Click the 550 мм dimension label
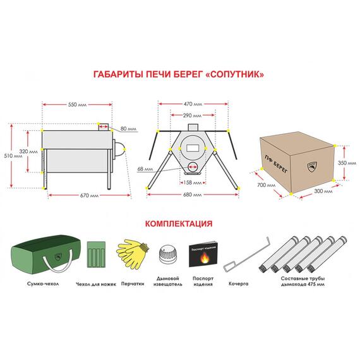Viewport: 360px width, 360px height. (78, 105)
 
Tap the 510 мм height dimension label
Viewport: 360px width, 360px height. (13, 156)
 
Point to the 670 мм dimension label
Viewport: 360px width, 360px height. (89, 195)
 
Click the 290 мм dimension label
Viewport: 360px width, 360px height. (192, 116)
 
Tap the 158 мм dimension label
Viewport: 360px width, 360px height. (193, 183)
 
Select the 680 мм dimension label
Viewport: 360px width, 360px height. (193, 195)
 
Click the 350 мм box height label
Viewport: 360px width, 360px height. (347, 163)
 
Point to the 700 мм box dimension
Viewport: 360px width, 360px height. (266, 185)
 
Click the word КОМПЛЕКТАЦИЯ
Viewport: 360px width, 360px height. (179, 224)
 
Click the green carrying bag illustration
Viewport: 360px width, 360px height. (45, 254)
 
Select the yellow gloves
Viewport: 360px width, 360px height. (133, 254)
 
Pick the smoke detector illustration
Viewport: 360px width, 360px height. (168, 256)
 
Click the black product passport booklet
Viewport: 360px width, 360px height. (203, 254)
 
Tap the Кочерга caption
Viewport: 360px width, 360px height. (239, 284)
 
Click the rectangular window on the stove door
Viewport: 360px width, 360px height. (192, 148)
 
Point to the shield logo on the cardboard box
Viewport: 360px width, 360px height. (312, 167)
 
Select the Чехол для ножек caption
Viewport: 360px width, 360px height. (96, 284)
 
